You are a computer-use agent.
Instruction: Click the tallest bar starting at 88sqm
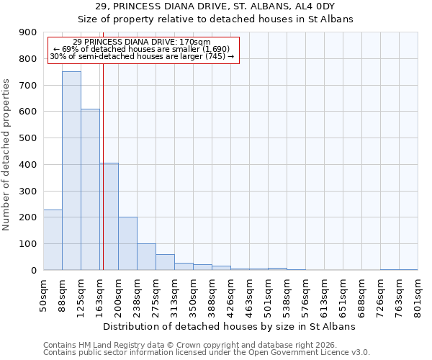tap(71, 171)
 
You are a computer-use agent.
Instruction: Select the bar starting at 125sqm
tap(90, 189)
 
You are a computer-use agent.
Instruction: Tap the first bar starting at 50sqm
tap(53, 240)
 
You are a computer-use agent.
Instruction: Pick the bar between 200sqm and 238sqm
tap(127, 243)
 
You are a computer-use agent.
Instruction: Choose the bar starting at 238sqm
tap(146, 257)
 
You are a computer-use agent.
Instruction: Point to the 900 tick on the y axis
tap(28, 32)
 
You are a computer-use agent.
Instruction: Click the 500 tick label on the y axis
tap(28, 138)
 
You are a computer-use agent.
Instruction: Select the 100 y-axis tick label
tap(28, 244)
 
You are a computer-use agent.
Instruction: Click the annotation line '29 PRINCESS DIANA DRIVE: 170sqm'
tap(142, 42)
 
